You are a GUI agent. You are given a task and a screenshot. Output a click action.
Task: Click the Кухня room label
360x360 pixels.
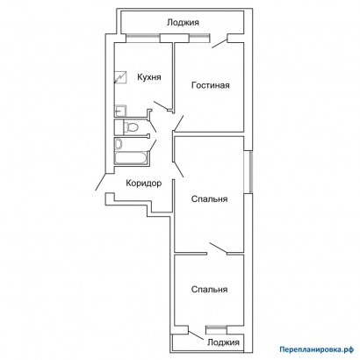149,77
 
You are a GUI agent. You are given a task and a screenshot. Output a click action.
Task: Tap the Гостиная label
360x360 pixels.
211,85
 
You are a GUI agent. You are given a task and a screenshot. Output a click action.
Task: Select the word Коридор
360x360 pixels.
144,184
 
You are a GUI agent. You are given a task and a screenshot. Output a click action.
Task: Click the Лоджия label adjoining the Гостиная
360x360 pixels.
183,22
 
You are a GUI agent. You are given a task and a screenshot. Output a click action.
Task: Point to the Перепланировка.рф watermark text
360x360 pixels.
316,349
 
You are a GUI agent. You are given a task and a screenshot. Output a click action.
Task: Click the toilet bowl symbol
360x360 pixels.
131,127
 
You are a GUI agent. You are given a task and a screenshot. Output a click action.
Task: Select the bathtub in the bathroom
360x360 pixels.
131,158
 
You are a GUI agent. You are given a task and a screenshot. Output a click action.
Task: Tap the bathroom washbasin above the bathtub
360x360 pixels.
119,144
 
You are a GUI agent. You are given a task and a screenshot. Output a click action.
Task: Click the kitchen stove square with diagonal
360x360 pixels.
120,77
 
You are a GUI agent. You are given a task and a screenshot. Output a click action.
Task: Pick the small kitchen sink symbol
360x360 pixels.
120,111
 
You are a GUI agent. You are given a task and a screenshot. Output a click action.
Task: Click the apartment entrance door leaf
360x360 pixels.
101,182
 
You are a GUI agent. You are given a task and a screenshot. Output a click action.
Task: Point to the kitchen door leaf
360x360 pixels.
161,105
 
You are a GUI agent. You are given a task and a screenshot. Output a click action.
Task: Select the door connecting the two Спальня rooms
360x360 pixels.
218,248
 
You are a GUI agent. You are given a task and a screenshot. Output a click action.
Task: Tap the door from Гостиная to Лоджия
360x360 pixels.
220,43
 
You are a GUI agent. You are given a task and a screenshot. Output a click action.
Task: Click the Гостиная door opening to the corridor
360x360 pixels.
178,123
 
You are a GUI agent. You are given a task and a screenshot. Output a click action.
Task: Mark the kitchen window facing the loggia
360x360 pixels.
143,38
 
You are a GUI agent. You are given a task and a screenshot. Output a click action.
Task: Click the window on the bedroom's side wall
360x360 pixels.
248,171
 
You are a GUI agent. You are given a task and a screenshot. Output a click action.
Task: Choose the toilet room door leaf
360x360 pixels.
153,126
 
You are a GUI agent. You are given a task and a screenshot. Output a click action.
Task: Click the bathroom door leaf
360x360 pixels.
153,146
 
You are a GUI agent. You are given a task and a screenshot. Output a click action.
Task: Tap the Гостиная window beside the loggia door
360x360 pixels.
199,38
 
